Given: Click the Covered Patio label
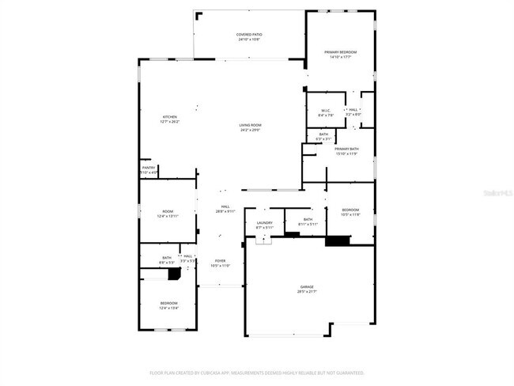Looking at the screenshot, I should pyautogui.click(x=249, y=35).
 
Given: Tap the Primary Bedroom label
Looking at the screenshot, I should pyautogui.click(x=341, y=52).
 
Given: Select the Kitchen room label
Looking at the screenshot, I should pyautogui.click(x=170, y=117).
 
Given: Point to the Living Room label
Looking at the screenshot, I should pyautogui.click(x=251, y=125).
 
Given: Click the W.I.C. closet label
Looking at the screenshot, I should pyautogui.click(x=325, y=110).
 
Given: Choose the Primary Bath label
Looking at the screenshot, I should pyautogui.click(x=346, y=149).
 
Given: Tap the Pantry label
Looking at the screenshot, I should pyautogui.click(x=149, y=168).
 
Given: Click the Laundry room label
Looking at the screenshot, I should pyautogui.click(x=264, y=223).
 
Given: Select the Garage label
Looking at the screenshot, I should pyautogui.click(x=307, y=286).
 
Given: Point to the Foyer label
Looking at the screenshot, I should pyautogui.click(x=220, y=261).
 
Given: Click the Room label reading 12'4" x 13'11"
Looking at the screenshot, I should pyautogui.click(x=168, y=211).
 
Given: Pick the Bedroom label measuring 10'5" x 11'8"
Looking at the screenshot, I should pyautogui.click(x=350, y=210).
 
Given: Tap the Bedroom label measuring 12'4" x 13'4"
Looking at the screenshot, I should pyautogui.click(x=168, y=304).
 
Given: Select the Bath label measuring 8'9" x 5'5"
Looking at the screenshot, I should pyautogui.click(x=167, y=257).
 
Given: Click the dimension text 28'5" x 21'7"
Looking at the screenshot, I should pyautogui.click(x=307, y=292).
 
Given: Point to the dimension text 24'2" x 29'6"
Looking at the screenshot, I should pyautogui.click(x=251, y=130).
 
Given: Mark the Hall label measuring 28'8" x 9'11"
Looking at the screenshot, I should pyautogui.click(x=225, y=206).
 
